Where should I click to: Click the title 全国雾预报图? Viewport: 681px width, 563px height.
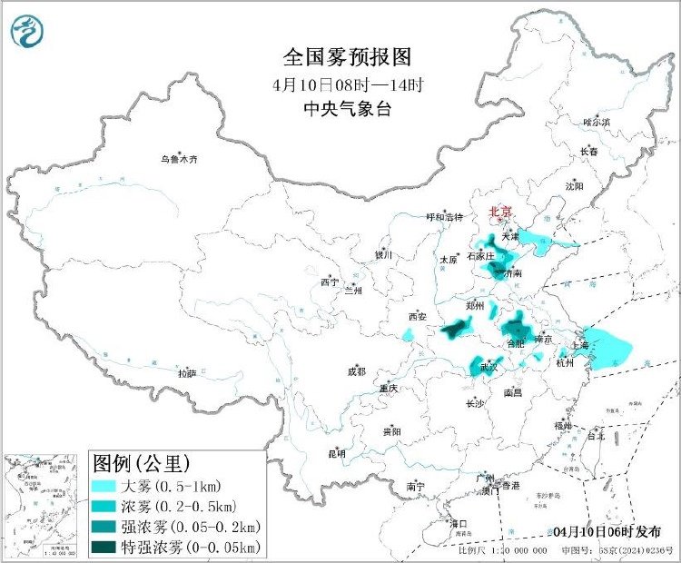[348, 57]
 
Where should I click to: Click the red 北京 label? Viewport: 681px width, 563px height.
[500, 212]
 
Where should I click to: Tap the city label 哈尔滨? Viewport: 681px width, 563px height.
[597, 122]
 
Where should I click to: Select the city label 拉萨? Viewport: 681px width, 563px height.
[187, 373]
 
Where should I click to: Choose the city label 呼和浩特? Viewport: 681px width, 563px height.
[445, 217]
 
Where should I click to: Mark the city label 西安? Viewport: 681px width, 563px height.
[417, 317]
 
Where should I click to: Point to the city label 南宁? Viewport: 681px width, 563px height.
[416, 487]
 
